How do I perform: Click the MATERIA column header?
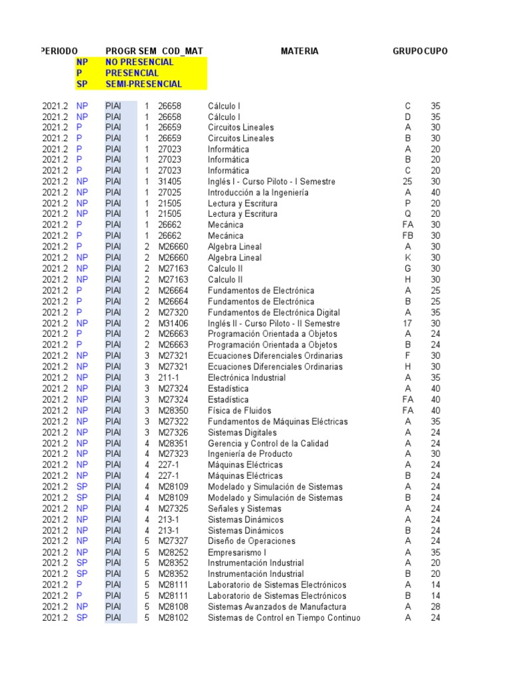299,51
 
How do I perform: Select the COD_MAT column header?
183,51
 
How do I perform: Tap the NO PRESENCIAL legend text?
139,62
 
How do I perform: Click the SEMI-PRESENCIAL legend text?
143,84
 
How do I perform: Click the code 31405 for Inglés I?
169,182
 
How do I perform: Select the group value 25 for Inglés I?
408,182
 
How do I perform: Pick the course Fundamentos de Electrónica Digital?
274,312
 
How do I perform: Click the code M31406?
173,323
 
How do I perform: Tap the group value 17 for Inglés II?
408,323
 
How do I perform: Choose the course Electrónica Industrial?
246,378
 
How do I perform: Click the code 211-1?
168,378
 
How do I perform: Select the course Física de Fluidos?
239,410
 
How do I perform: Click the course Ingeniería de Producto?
250,454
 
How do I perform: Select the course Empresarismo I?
237,552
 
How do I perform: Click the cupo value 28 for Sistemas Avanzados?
436,607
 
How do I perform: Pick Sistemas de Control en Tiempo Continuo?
284,618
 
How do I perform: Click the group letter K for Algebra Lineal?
408,257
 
